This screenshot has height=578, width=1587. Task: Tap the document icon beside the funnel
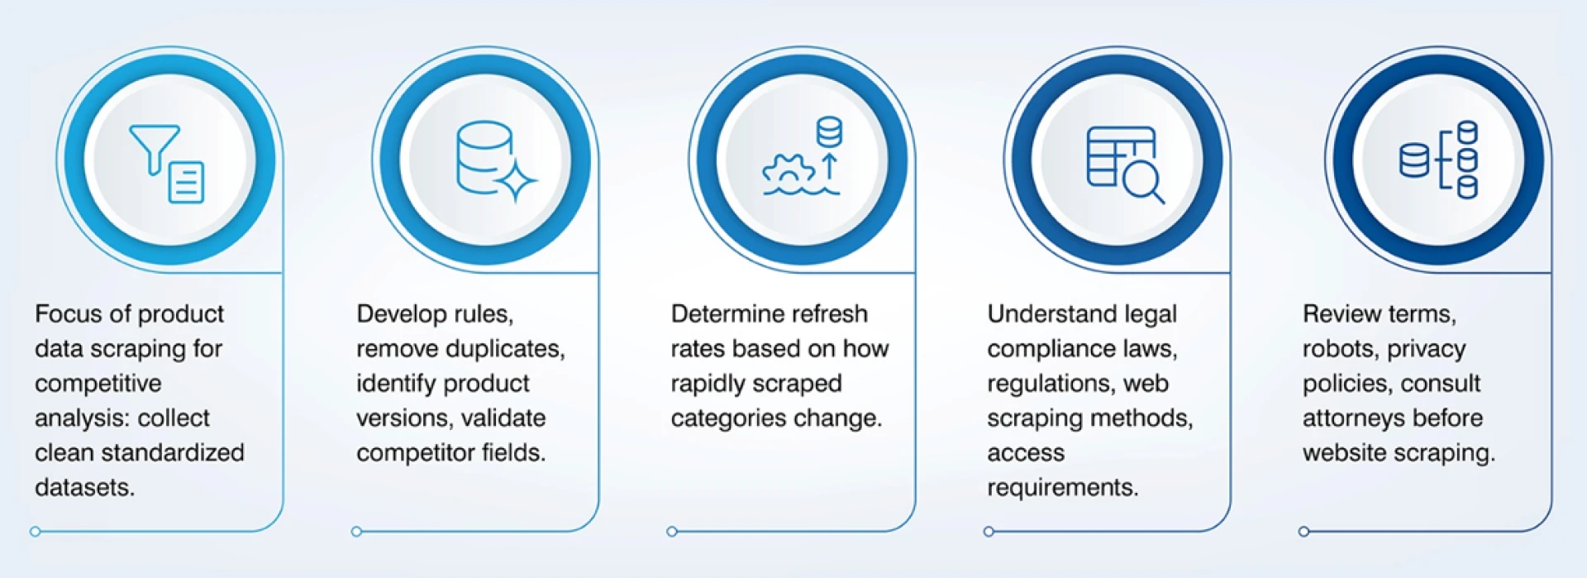pyautogui.click(x=187, y=183)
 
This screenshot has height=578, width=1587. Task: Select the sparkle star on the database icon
pyautogui.click(x=517, y=179)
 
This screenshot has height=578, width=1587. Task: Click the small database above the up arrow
pyautogui.click(x=829, y=131)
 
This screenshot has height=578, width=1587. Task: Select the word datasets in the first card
pyautogui.click(x=84, y=488)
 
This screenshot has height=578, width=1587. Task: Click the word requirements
pyautogui.click(x=1063, y=489)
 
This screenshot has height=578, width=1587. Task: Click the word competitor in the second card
pyautogui.click(x=416, y=453)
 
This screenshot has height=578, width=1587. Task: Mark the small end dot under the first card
pyautogui.click(x=35, y=532)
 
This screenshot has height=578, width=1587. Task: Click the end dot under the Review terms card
pyautogui.click(x=1303, y=532)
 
